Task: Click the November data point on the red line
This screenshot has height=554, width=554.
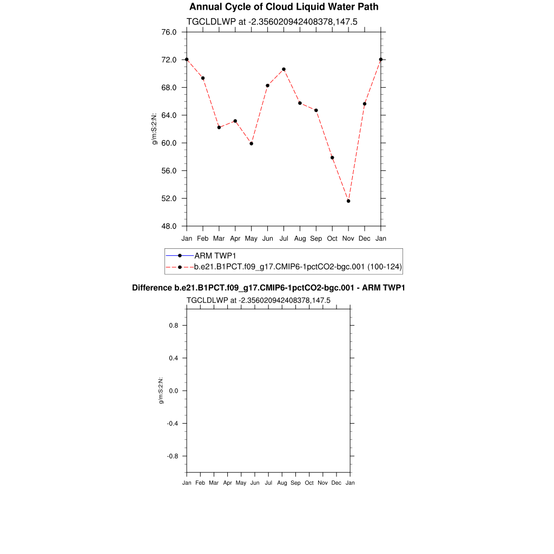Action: (348, 201)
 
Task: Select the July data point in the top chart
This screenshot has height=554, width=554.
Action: (283, 69)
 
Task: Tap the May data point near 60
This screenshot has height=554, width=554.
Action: (251, 143)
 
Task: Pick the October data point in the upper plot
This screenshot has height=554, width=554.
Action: (332, 157)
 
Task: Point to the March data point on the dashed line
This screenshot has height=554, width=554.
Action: (219, 127)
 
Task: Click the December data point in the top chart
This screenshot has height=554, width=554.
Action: (365, 104)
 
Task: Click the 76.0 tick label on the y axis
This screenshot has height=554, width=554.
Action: (169, 32)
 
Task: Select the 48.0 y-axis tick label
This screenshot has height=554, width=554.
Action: (169, 226)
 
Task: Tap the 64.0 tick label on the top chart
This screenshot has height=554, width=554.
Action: (169, 115)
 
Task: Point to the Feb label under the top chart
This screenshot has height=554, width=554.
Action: (202, 239)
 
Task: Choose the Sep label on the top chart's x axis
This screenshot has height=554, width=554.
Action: (316, 239)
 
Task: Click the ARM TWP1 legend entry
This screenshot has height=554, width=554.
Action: (215, 255)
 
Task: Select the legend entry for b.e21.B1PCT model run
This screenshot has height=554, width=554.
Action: (298, 267)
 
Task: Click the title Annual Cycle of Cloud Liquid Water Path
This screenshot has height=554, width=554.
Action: (283, 7)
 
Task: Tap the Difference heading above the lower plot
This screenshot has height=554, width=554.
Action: (268, 288)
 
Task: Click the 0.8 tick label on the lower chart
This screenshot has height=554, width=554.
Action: (173, 326)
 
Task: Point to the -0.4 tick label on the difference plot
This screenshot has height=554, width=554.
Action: (172, 424)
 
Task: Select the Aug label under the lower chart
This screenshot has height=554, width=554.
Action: (282, 483)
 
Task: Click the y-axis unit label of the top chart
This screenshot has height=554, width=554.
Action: (155, 129)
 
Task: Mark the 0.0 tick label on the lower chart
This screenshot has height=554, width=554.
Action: (173, 391)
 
